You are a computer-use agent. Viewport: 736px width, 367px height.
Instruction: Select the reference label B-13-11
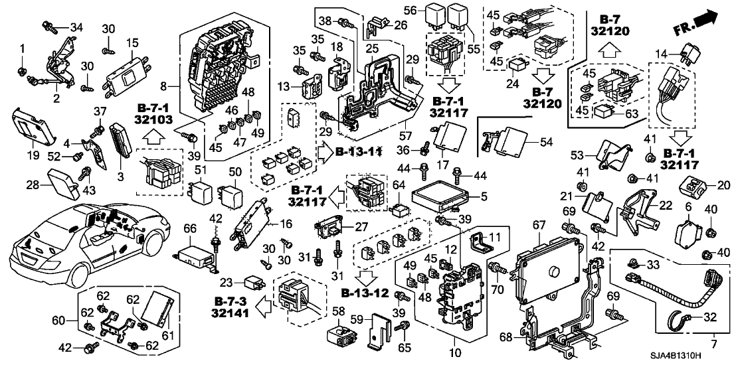359,151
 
